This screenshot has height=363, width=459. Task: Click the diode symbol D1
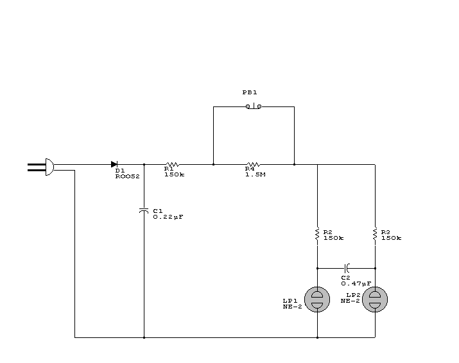click(114, 164)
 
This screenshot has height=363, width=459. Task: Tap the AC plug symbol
click(41, 167)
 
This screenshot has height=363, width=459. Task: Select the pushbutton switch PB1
click(254, 106)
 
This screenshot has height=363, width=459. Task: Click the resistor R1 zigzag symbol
click(173, 164)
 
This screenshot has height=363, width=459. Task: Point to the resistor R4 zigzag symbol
click(253, 164)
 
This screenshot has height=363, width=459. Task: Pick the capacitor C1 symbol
click(144, 210)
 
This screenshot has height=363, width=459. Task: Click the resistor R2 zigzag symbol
click(317, 235)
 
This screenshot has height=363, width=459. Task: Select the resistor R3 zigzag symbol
click(375, 235)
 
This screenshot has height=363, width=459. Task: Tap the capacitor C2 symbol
click(347, 268)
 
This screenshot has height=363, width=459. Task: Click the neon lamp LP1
click(317, 300)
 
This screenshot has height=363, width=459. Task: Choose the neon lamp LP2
click(375, 300)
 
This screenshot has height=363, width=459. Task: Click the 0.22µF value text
click(168, 217)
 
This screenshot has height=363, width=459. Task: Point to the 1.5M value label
click(255, 174)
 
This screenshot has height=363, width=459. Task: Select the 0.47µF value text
click(356, 283)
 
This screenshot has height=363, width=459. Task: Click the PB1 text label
click(250, 92)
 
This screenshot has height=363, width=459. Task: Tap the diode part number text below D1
click(127, 176)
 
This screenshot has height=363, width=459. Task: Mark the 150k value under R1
click(175, 174)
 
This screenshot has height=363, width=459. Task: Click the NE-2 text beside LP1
click(293, 307)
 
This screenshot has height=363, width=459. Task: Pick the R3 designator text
click(386, 232)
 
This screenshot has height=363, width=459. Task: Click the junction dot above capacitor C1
click(144, 164)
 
